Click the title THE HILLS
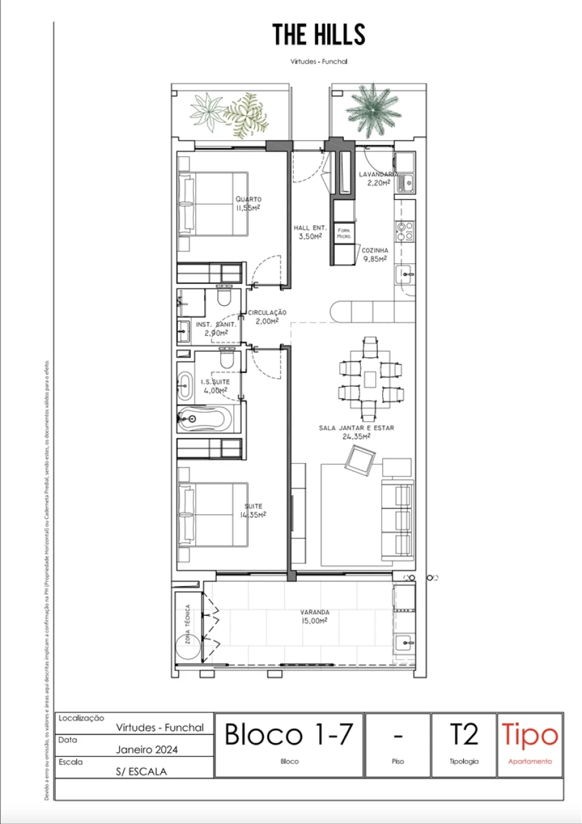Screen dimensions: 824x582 point(319,34)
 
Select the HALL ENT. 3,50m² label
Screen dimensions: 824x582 point(310,232)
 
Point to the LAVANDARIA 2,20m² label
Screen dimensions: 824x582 point(378,179)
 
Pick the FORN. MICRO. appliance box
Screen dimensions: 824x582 point(343,235)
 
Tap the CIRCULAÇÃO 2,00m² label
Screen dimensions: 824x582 point(266,316)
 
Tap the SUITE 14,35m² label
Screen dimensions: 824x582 point(253,510)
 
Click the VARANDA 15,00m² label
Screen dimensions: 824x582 point(314,616)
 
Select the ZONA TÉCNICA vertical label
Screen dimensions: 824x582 point(187,624)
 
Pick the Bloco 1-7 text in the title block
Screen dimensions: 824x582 point(288,735)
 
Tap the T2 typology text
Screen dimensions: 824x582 point(464,735)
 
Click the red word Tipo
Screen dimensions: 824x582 point(530,735)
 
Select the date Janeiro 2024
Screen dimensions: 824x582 point(147,750)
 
